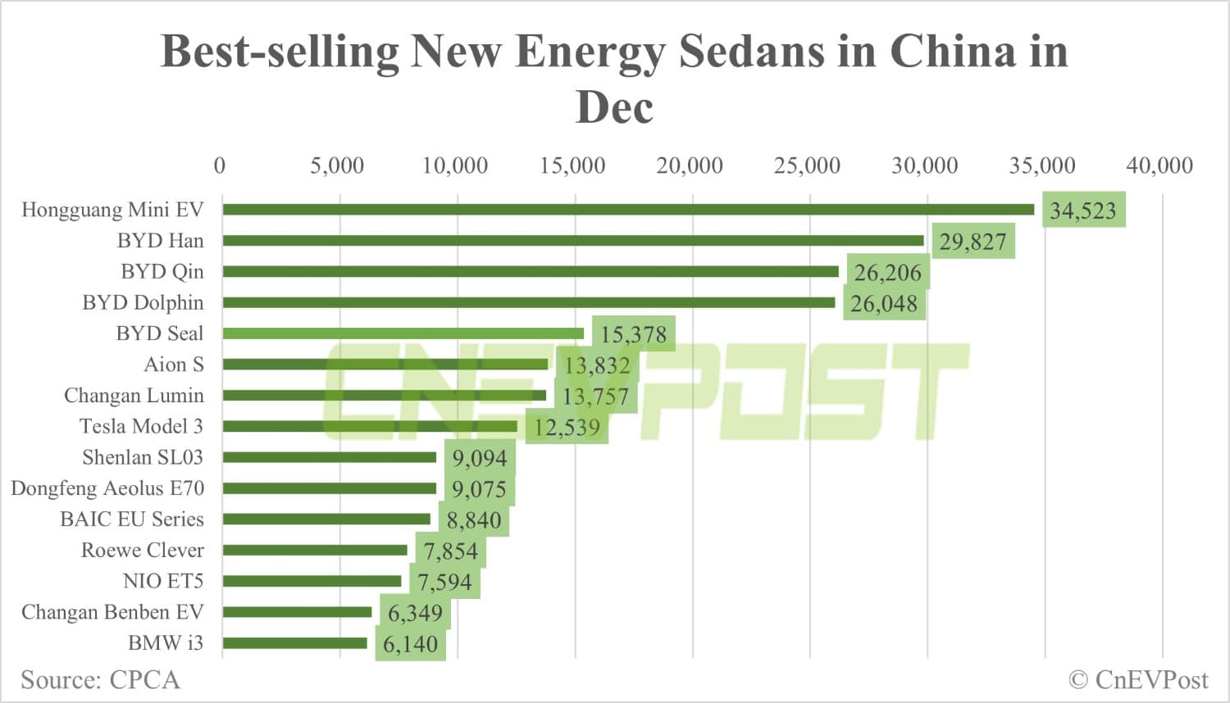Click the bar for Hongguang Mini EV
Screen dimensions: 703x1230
[627, 210]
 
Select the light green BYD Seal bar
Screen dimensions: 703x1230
[403, 333]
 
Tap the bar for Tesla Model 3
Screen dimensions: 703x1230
[369, 426]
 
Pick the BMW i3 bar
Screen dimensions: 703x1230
[294, 643]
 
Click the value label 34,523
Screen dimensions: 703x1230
[1083, 211]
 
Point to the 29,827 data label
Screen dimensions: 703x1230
[973, 242]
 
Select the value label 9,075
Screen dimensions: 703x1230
[479, 489]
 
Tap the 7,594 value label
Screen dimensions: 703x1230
[444, 582]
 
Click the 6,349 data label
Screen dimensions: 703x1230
[415, 613]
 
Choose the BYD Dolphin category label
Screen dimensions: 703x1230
[143, 302]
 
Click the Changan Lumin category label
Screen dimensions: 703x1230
[134, 395]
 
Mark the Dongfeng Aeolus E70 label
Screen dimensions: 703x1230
[107, 488]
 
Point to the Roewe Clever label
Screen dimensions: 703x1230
[142, 550]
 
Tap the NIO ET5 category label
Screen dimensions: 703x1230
[162, 581]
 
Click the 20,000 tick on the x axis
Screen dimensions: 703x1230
[689, 166]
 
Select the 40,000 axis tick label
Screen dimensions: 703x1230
[1159, 166]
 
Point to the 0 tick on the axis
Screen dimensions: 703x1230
[219, 166]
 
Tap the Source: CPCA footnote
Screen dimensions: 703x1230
[100, 680]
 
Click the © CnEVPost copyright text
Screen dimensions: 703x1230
[1138, 680]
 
